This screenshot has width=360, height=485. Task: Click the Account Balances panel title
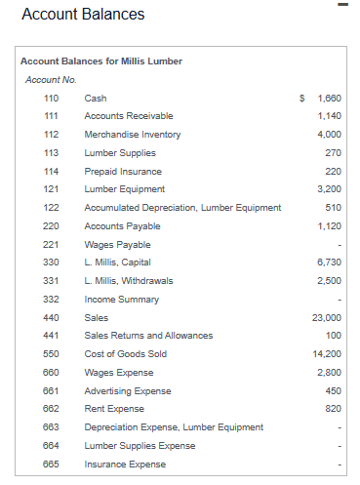pyautogui.click(x=83, y=15)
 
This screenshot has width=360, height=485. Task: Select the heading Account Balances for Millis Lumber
pyautogui.click(x=101, y=61)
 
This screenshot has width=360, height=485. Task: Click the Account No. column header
pyautogui.click(x=51, y=79)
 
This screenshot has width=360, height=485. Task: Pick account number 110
pyautogui.click(x=52, y=98)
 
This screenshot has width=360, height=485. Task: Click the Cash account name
pyautogui.click(x=96, y=98)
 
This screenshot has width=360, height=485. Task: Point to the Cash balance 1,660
pyautogui.click(x=329, y=98)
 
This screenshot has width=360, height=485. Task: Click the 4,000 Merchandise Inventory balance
pyautogui.click(x=329, y=134)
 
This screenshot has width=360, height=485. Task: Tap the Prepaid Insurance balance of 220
pyautogui.click(x=332, y=171)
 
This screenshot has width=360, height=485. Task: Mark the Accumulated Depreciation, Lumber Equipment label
pyautogui.click(x=182, y=207)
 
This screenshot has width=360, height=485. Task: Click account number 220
pyautogui.click(x=52, y=225)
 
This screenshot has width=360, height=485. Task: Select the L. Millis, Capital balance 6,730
pyautogui.click(x=329, y=263)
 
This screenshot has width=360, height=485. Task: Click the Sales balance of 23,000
pyautogui.click(x=326, y=317)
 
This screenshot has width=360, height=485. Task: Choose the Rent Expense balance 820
pyautogui.click(x=332, y=408)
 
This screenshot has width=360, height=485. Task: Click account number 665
pyautogui.click(x=52, y=464)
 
